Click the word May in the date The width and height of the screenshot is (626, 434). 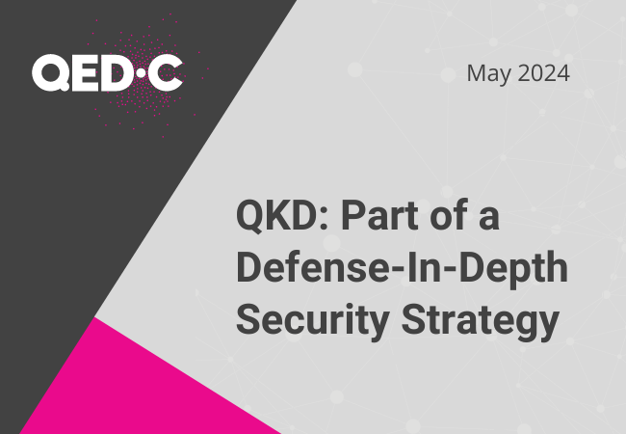(x=489, y=74)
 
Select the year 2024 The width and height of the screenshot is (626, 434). (x=544, y=73)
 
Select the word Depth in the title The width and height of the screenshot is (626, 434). (x=513, y=269)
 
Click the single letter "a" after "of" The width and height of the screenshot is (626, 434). (x=489, y=221)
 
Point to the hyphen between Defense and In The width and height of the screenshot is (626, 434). (x=397, y=271)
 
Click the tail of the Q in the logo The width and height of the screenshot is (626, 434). (x=64, y=86)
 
